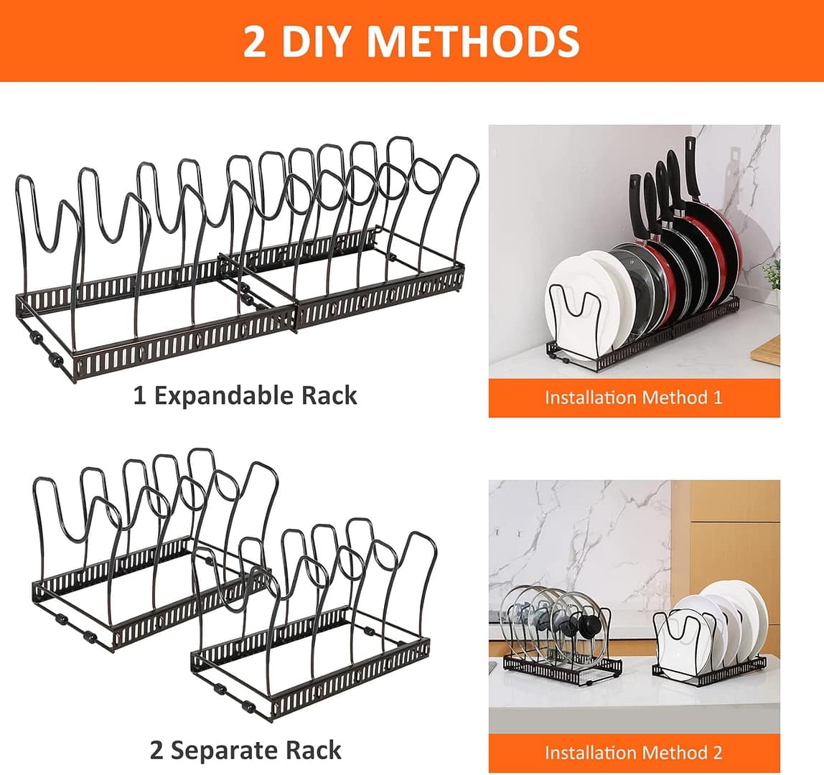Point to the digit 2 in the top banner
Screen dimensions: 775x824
pos(254,41)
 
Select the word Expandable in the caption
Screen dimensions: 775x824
pos(218,395)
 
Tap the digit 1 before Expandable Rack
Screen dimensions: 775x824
pos(139,395)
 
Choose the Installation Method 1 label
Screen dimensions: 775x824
pos(633,398)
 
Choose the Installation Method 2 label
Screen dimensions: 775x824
pos(633,753)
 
